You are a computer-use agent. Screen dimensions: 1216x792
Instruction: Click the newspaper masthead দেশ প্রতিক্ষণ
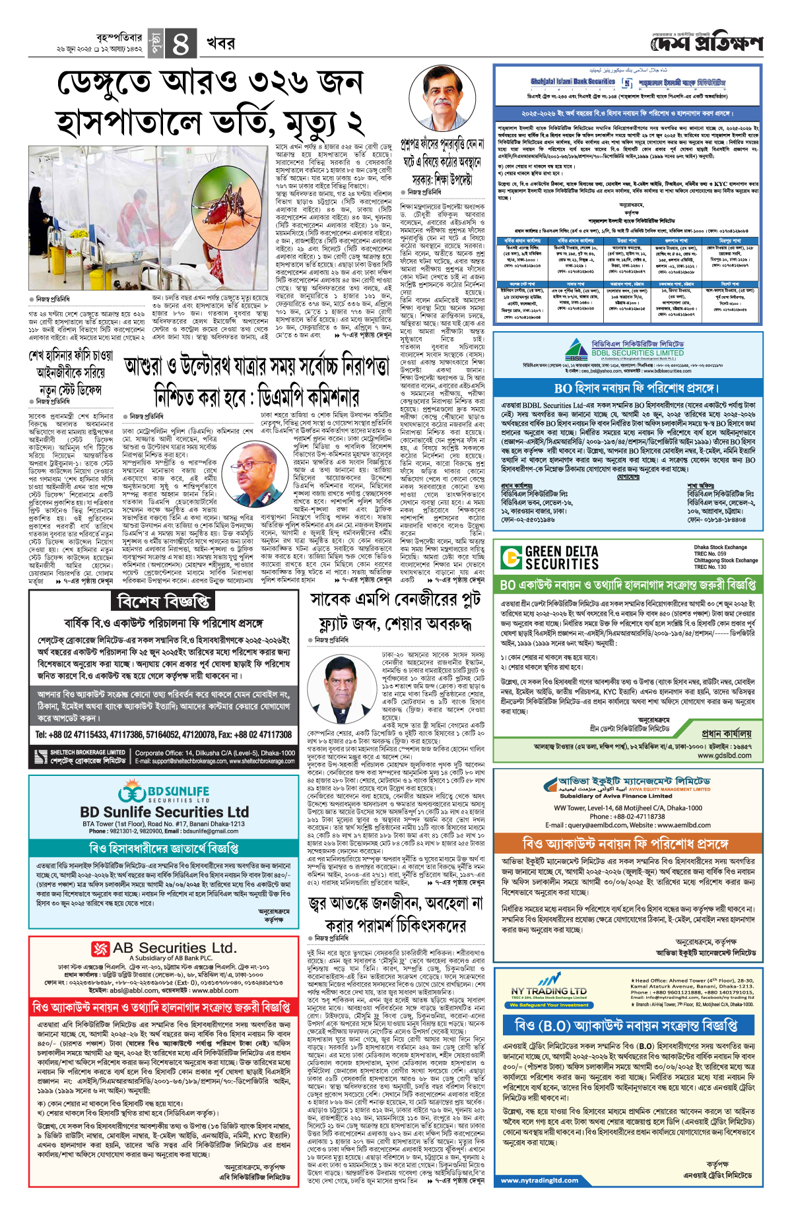pyautogui.click(x=706, y=44)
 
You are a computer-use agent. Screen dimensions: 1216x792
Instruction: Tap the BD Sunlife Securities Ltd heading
pyautogui.click(x=164, y=812)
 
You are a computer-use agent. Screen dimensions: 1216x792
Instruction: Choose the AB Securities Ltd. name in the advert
pyautogui.click(x=174, y=948)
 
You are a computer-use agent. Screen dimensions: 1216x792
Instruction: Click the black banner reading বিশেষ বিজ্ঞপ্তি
pyautogui.click(x=164, y=600)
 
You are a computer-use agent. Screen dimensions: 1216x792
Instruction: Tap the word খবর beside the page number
pyautogui.click(x=220, y=44)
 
